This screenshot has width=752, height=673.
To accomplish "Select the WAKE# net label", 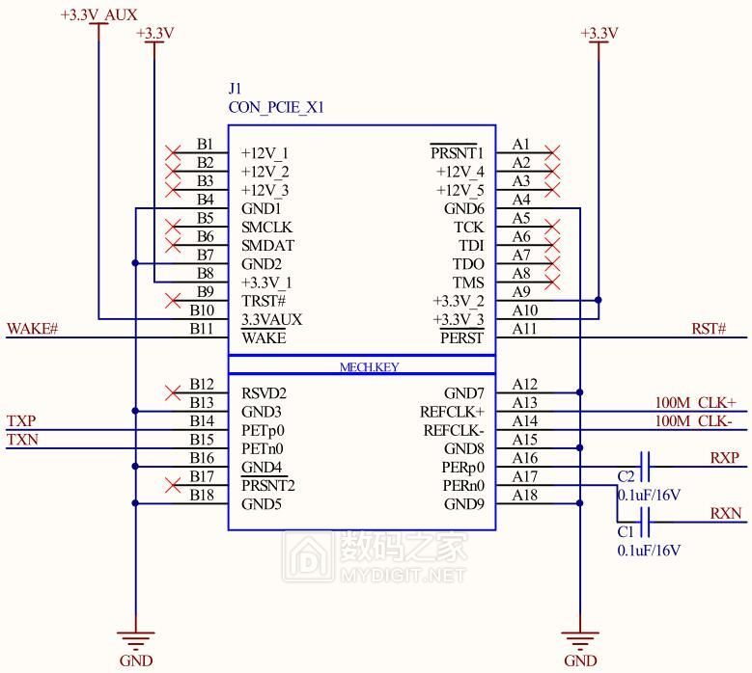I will tap(33, 330).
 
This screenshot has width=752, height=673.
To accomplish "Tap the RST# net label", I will tap(708, 330).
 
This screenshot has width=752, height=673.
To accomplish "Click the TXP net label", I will tap(22, 421).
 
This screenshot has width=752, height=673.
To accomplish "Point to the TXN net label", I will tap(22, 441).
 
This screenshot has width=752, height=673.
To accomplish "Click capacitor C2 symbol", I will tap(644, 468).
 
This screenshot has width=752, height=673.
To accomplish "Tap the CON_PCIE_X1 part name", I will tap(276, 108).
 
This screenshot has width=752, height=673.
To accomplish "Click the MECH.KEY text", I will tap(369, 367).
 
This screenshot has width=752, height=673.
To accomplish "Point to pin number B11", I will tap(202, 329).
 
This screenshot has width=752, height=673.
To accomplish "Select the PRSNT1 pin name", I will tap(457, 153).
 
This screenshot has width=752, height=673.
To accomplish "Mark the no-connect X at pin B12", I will tap(174, 392).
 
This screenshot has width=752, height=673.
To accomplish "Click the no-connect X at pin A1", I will tap(553, 152).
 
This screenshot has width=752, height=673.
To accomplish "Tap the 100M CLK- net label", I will tap(695, 421).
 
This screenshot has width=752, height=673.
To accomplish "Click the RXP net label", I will tap(725, 458).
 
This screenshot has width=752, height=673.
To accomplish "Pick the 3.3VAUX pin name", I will tap(271, 319).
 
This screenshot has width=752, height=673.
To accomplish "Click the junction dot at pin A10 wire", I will tap(599, 301).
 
